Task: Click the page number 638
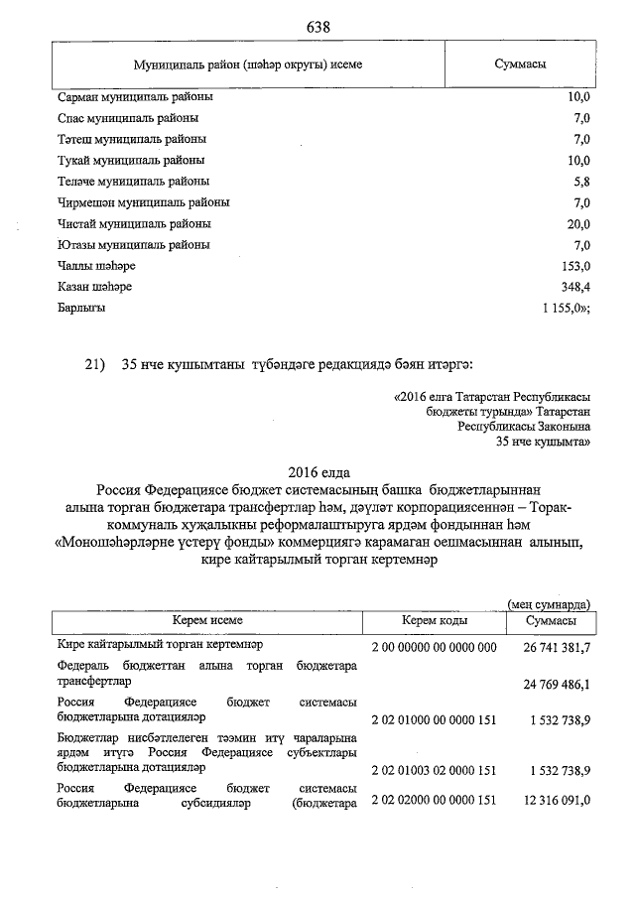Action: (318, 25)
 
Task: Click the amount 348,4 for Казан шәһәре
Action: (574, 287)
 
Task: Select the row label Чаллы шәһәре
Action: (97, 266)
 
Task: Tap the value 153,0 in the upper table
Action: (575, 266)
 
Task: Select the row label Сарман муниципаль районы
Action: (136, 97)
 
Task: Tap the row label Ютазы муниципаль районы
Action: (134, 245)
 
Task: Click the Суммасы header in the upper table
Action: (521, 64)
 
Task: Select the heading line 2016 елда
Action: (318, 472)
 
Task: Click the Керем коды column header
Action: (434, 620)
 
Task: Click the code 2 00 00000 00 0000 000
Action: (433, 647)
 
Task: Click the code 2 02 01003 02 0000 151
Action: (433, 769)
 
